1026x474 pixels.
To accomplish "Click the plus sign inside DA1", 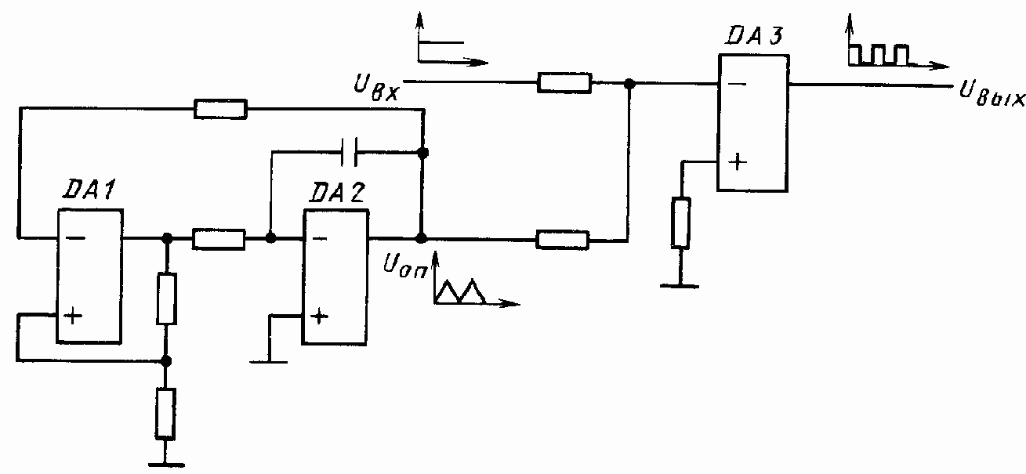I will click(72, 317).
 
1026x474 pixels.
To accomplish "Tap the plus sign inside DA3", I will click(737, 163).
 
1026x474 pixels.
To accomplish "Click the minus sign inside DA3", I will click(737, 85).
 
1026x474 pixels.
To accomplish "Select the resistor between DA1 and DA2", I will click(219, 238).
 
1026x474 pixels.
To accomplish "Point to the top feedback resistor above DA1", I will click(220, 110).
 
